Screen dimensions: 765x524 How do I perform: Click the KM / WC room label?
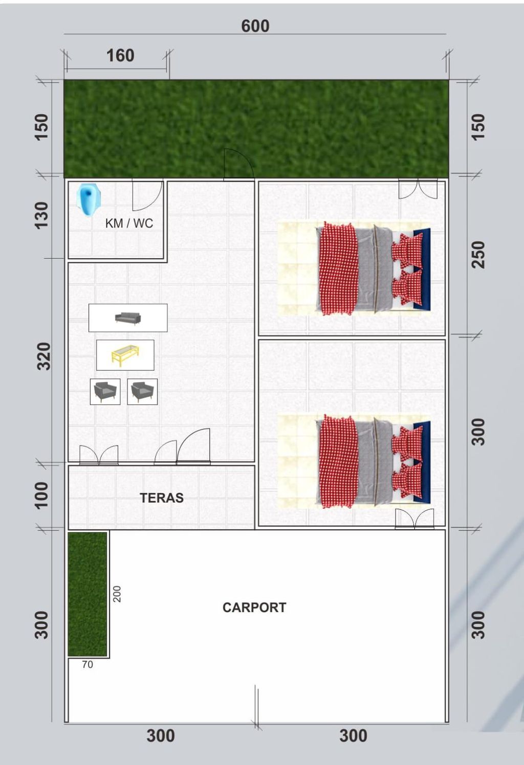click(x=129, y=223)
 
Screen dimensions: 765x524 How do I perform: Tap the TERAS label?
click(x=162, y=498)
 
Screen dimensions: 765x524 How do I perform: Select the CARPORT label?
click(x=254, y=607)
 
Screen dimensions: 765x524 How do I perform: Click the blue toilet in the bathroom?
click(x=89, y=198)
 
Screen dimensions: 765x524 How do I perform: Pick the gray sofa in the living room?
click(x=128, y=318)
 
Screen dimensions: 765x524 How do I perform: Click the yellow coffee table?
click(x=125, y=355)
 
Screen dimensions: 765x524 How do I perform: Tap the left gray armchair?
click(x=105, y=392)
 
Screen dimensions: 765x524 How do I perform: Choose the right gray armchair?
click(x=142, y=392)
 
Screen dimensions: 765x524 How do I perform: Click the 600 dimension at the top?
click(x=255, y=26)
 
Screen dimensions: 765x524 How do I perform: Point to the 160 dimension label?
click(x=120, y=55)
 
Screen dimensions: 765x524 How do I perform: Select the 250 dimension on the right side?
click(x=477, y=254)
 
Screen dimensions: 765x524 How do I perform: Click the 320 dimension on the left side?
click(x=43, y=356)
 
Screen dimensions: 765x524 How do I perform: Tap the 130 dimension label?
click(x=41, y=215)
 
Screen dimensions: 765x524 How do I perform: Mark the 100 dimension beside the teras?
click(x=41, y=495)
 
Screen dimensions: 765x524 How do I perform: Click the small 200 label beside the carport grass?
click(x=117, y=594)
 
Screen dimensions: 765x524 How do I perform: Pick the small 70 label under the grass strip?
click(x=88, y=664)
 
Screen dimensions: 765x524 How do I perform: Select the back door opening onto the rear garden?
click(x=237, y=165)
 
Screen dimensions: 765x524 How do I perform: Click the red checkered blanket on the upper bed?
click(x=337, y=268)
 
